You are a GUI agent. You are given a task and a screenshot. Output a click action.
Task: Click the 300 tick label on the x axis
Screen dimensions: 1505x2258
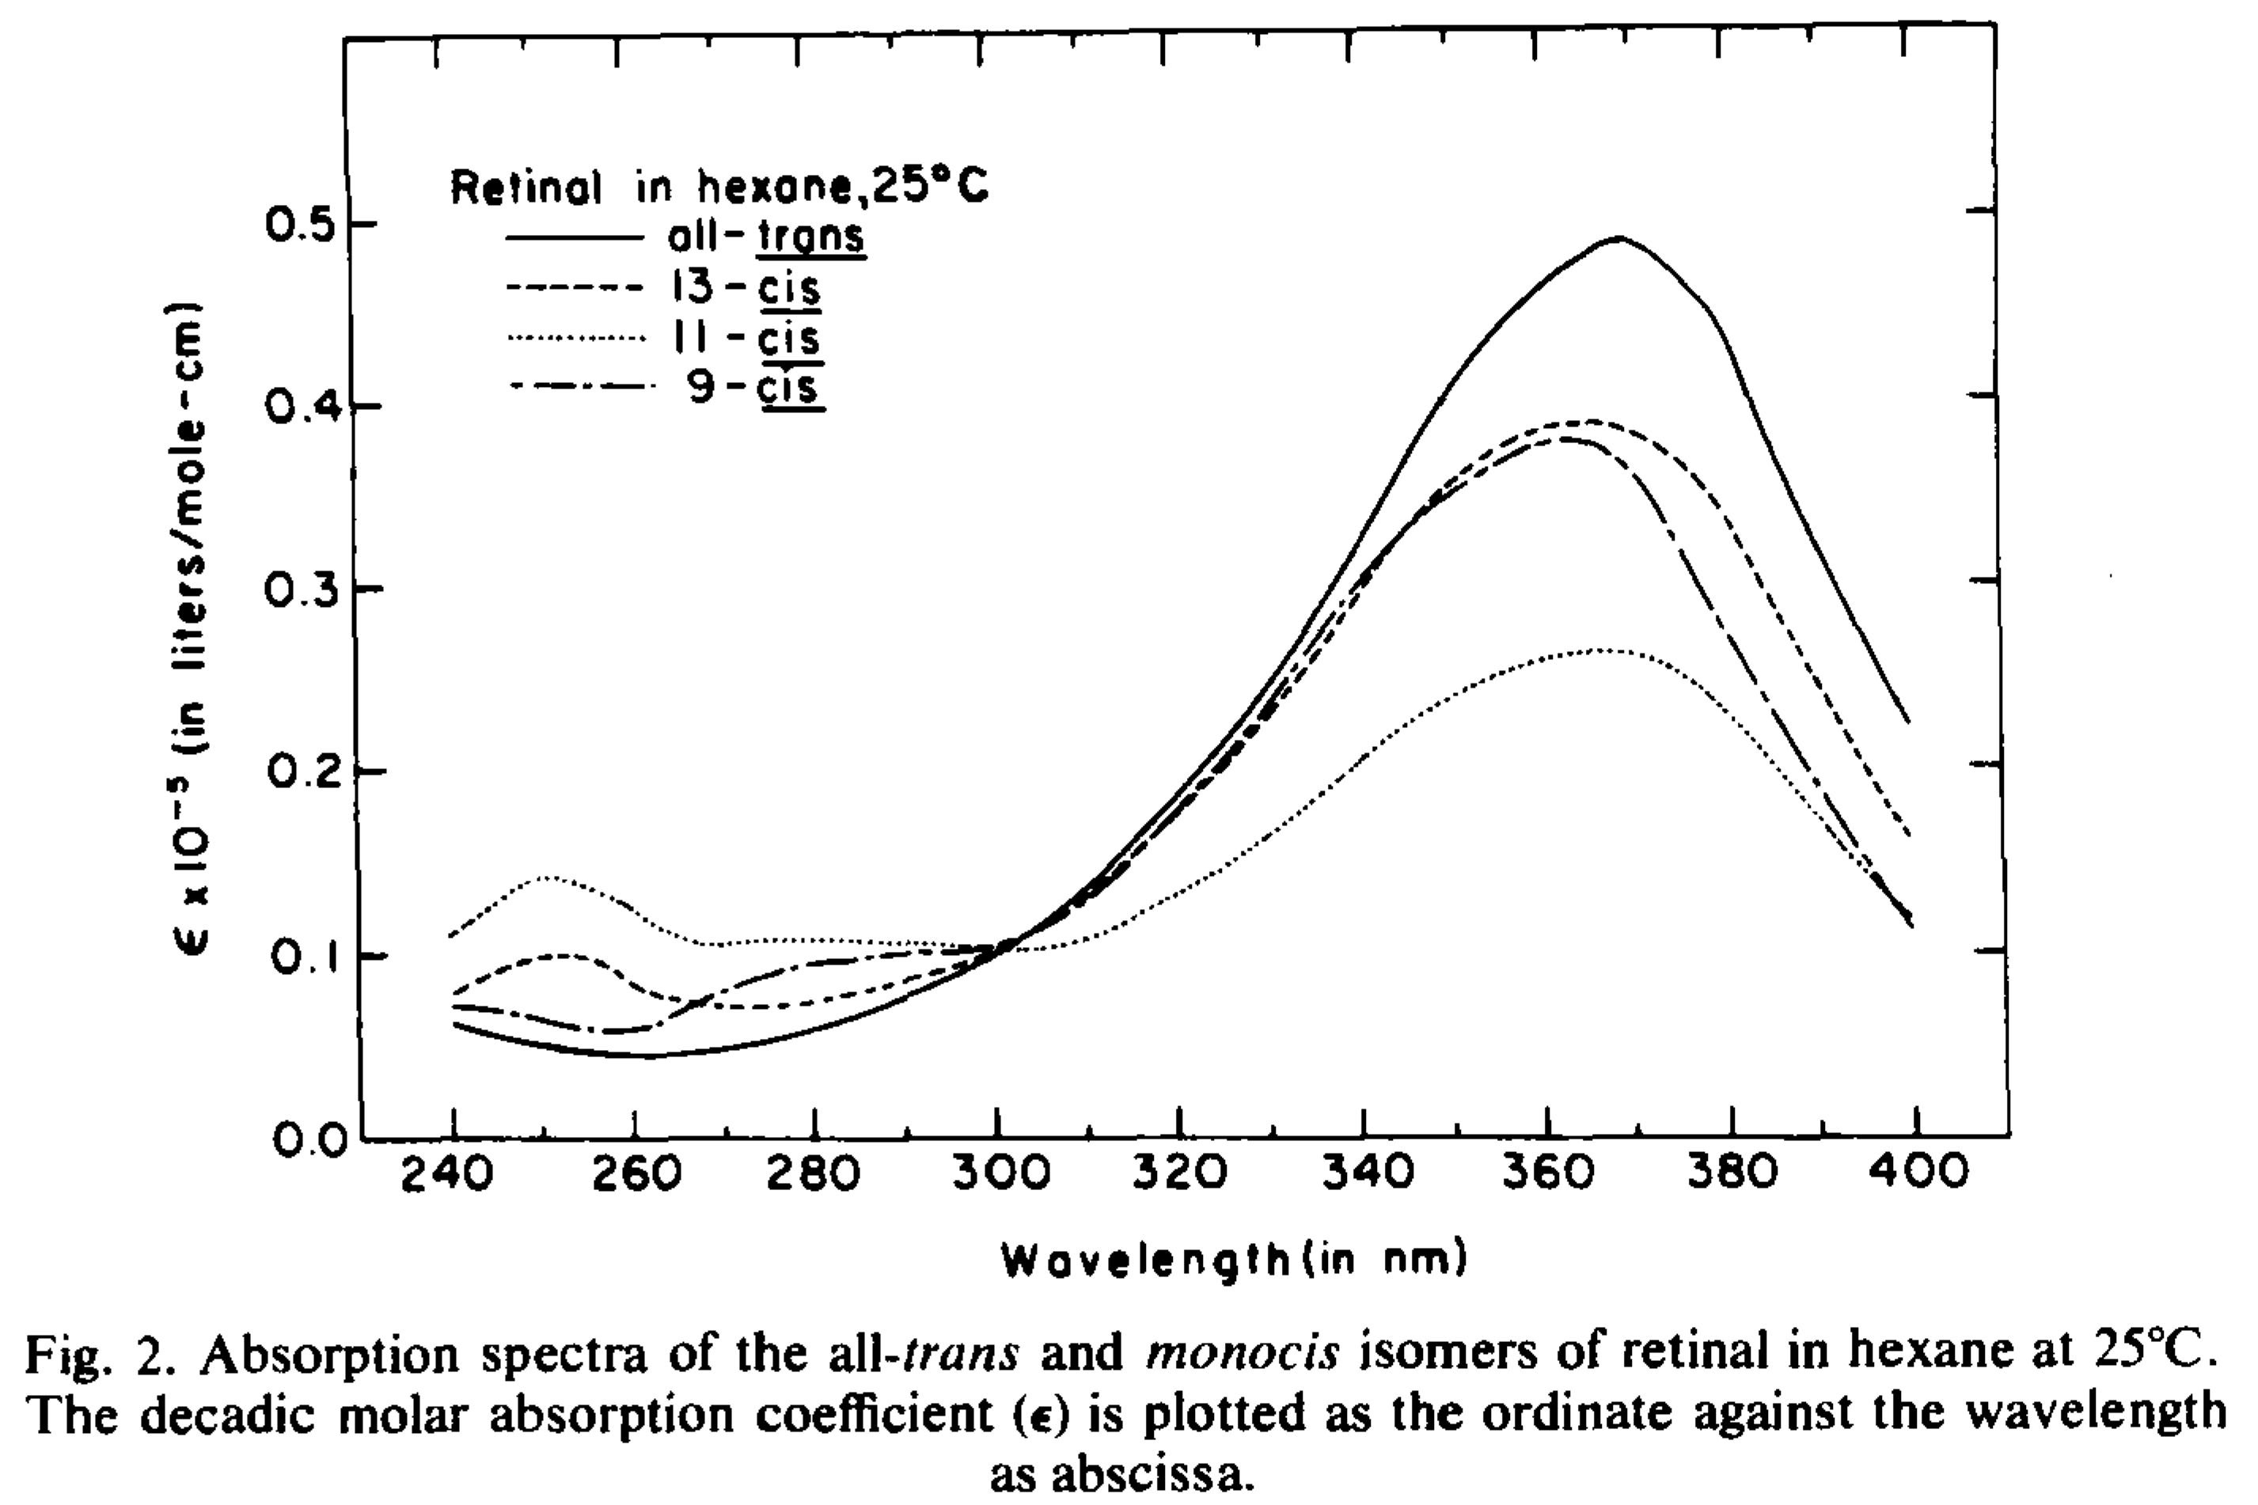click(999, 1173)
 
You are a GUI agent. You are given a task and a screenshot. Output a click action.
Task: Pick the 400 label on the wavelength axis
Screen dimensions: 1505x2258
click(1920, 1173)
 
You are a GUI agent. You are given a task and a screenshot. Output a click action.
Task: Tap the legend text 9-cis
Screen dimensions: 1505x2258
click(754, 389)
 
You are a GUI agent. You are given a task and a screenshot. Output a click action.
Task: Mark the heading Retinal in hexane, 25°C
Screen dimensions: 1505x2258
click(719, 188)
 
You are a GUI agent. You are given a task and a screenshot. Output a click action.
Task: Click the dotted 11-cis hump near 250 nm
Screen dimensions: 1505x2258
click(545, 878)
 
